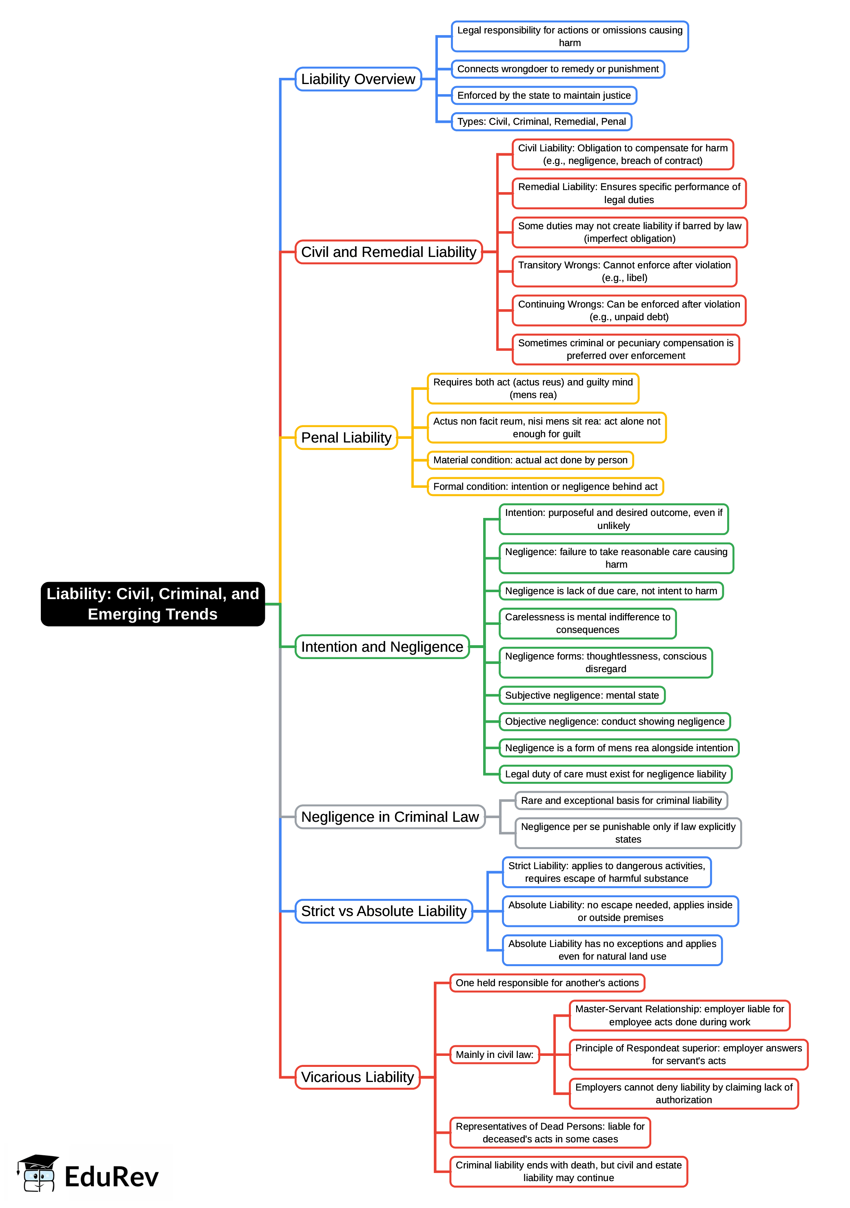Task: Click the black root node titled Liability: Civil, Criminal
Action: (153, 604)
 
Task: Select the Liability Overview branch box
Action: (358, 79)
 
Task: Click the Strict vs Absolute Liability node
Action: (384, 911)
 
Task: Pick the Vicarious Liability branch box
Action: (357, 1077)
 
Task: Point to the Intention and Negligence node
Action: (382, 646)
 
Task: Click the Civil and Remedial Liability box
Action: (388, 252)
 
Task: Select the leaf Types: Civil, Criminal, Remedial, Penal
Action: (541, 122)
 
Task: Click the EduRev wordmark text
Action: (111, 1177)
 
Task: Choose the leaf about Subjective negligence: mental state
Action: (581, 695)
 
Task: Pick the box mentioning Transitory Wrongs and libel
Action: (624, 272)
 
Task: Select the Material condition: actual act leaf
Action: (530, 460)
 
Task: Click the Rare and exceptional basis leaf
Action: (621, 800)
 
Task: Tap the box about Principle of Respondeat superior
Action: (688, 1054)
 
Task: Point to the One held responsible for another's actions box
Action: (547, 982)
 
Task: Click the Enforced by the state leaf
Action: (544, 95)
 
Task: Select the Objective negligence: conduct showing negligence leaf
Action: (614, 721)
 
